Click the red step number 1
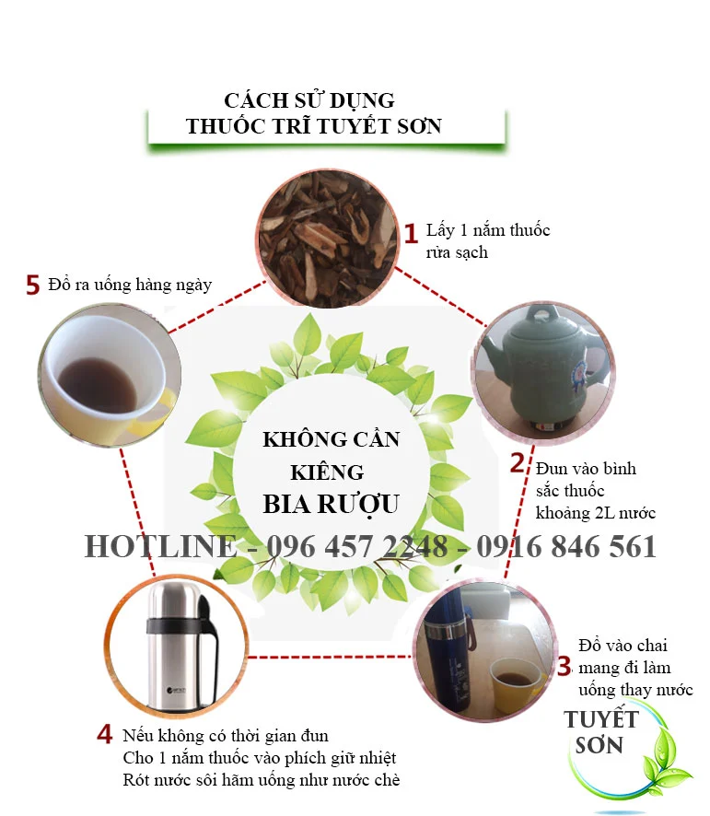(x=411, y=234)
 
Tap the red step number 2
(x=517, y=462)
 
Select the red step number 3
(x=565, y=667)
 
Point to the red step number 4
(x=105, y=734)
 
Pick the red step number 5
(x=33, y=286)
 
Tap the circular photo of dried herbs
(x=328, y=238)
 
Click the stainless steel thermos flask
(x=181, y=646)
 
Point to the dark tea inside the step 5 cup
(x=98, y=384)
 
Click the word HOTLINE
(x=160, y=546)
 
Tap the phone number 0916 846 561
(x=566, y=546)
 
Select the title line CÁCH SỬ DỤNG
(x=309, y=101)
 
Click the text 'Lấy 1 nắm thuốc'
(x=488, y=230)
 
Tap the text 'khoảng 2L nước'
(x=596, y=513)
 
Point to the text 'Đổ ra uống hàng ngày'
(x=130, y=285)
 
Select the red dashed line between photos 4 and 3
(x=330, y=657)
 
